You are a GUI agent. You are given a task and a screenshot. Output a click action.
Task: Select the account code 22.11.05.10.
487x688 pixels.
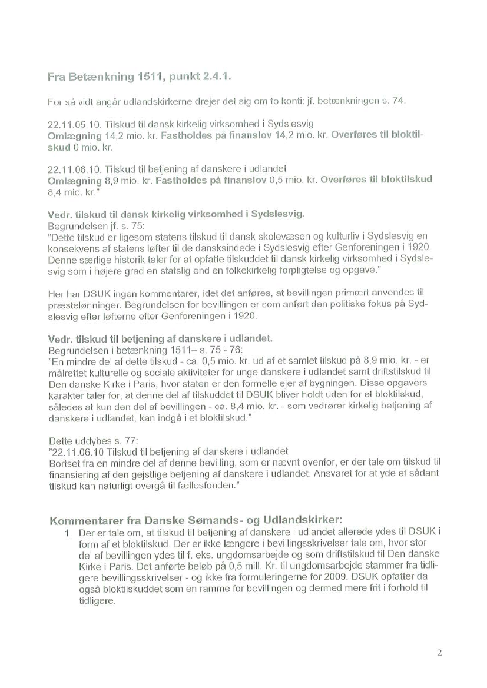tap(68, 125)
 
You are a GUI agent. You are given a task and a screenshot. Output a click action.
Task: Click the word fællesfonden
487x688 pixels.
tap(210, 488)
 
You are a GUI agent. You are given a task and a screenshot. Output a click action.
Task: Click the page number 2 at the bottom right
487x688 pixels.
tap(439, 652)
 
